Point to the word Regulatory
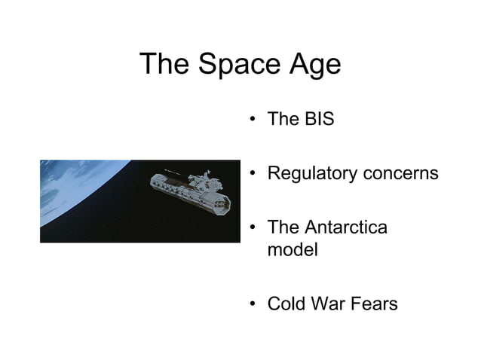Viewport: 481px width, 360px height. click(x=312, y=174)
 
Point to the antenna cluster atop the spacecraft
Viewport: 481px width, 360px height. click(x=198, y=178)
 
